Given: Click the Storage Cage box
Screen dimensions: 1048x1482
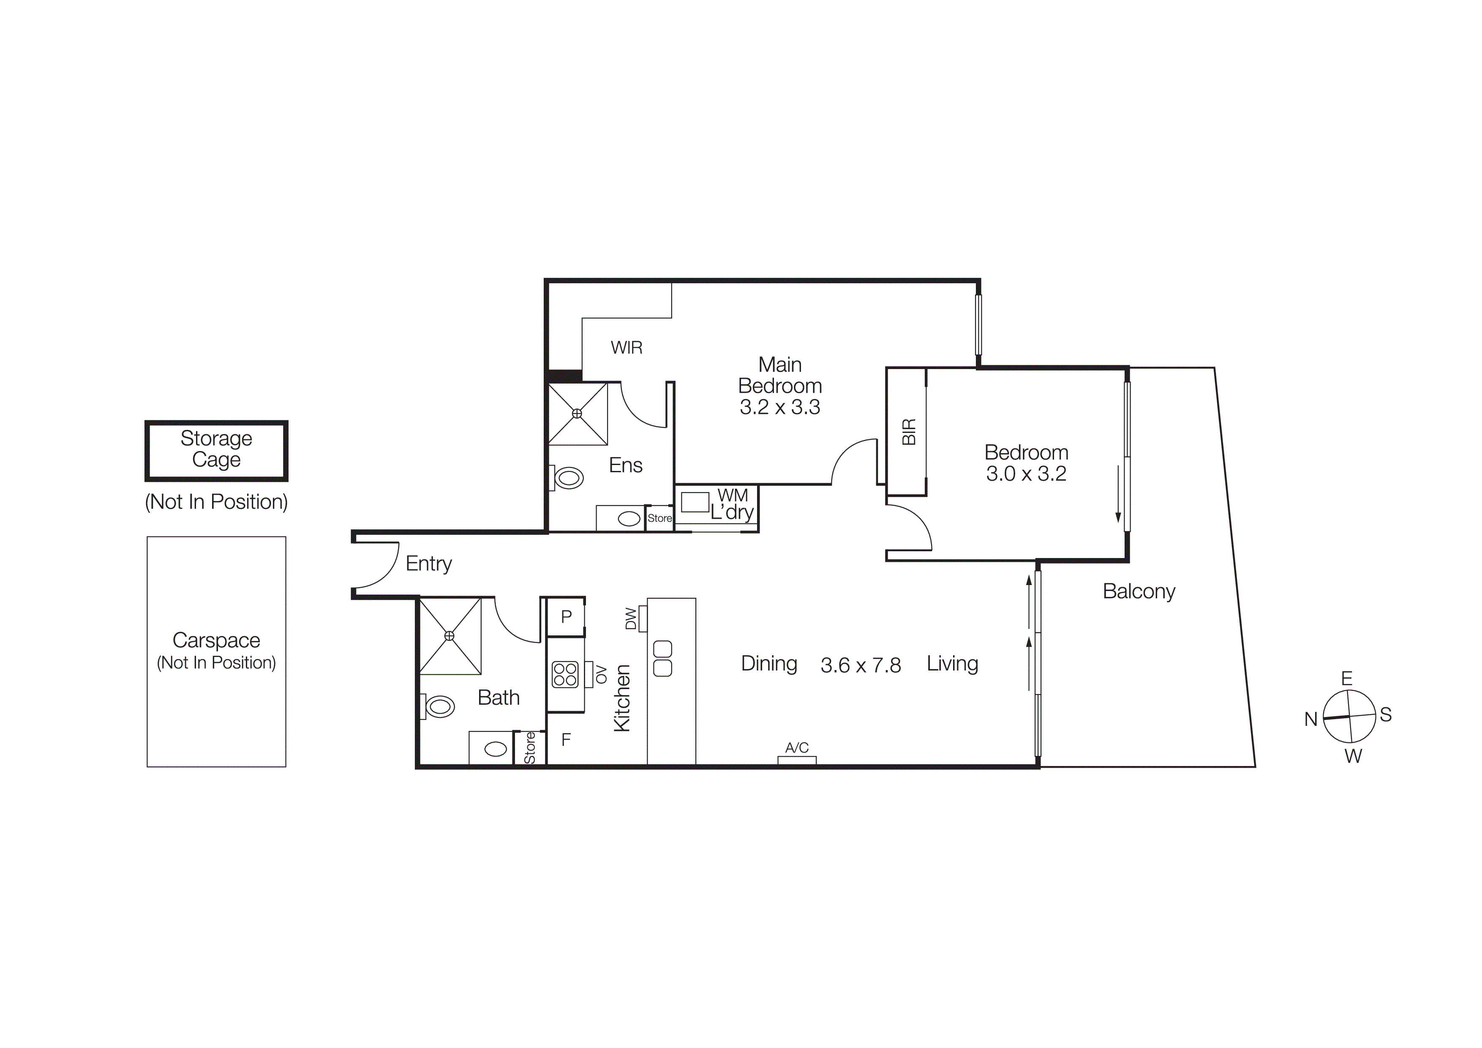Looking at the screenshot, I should click(x=216, y=450).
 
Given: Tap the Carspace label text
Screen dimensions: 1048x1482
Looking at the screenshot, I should click(x=216, y=640).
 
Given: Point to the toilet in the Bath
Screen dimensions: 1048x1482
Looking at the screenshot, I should click(x=440, y=706).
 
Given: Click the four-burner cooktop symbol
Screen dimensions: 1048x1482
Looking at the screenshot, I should click(x=565, y=675).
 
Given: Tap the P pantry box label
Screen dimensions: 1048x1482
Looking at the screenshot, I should click(x=566, y=617).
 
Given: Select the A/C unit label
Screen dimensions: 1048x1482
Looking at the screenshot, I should click(x=796, y=748).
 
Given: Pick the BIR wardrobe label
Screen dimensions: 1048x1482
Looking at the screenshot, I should click(x=908, y=431).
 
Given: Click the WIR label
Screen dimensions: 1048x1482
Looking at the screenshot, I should click(x=626, y=348).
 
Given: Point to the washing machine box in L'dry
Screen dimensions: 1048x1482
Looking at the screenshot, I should click(x=695, y=502).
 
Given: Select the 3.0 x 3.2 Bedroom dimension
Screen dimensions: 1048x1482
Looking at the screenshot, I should click(x=1026, y=474).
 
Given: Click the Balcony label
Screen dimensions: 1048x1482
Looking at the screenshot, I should click(x=1139, y=591).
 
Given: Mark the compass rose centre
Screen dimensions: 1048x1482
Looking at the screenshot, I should click(x=1350, y=717).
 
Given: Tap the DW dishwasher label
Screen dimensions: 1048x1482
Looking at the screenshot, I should click(x=631, y=618).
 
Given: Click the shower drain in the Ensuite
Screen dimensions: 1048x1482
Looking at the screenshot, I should click(x=577, y=413).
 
